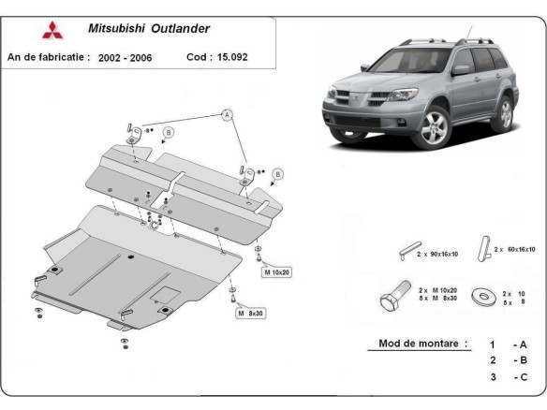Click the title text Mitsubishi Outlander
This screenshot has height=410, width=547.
pos(149,28)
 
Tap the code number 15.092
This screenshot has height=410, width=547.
pos(234,56)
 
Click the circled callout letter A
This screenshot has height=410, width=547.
pos(226,115)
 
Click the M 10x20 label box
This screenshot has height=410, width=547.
pos(278,271)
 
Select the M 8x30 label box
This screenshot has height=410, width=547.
pos(252,313)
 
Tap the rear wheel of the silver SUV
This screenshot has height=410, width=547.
pos(505,113)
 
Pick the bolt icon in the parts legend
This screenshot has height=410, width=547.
pos(391,298)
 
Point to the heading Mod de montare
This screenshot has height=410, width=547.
pos(422,344)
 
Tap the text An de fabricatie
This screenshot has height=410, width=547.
pos(49,57)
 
